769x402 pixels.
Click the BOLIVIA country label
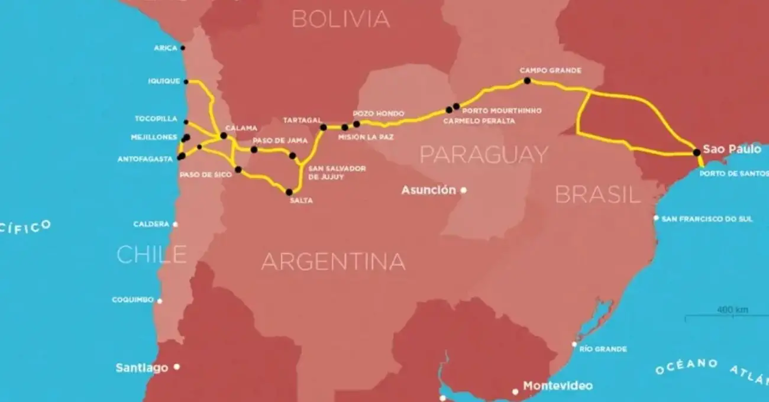341,19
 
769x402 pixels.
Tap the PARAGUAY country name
484,155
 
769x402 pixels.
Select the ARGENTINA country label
333,261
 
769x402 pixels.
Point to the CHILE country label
151,254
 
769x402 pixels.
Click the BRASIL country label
597,194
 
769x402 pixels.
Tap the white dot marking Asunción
464,190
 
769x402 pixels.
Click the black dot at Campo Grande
528,81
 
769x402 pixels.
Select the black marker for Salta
289,192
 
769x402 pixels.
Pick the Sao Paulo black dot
697,153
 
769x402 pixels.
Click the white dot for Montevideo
515,391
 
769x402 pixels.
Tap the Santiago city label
141,368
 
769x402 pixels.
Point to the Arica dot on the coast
183,48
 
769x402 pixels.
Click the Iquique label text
164,82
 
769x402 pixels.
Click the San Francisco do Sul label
707,219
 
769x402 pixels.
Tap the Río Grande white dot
574,344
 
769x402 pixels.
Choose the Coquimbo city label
133,300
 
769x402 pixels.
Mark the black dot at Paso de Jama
254,150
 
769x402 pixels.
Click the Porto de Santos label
734,174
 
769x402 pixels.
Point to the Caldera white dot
175,225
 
